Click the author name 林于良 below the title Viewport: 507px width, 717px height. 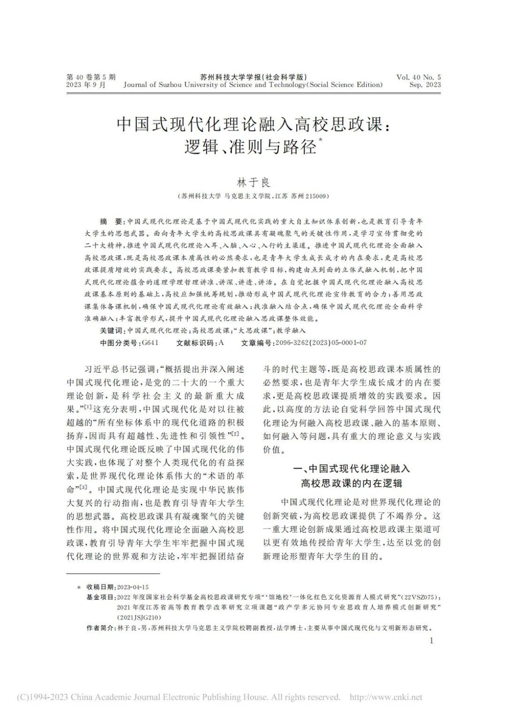pyautogui.click(x=253, y=183)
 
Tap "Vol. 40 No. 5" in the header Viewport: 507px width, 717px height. pyautogui.click(x=418, y=77)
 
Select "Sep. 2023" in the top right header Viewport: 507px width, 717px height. pyautogui.click(x=425, y=85)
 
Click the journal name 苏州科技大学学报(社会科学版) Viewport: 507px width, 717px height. pyautogui.click(x=253, y=77)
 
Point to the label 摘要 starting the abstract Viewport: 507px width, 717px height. pyautogui.click(x=111, y=221)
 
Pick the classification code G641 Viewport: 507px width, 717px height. pyautogui.click(x=150, y=343)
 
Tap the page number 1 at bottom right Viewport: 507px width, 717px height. pyautogui.click(x=431, y=641)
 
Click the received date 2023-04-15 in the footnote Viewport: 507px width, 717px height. pyautogui.click(x=133, y=587)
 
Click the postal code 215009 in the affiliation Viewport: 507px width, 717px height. pyautogui.click(x=317, y=196)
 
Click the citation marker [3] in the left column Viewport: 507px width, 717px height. pyautogui.click(x=84, y=487)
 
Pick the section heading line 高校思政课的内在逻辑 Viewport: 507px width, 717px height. pyautogui.click(x=352, y=483)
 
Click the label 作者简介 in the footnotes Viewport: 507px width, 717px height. pyautogui.click(x=100, y=628)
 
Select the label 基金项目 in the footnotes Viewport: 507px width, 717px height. pyautogui.click(x=100, y=597)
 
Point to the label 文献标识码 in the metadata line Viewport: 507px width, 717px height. pyautogui.click(x=195, y=343)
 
